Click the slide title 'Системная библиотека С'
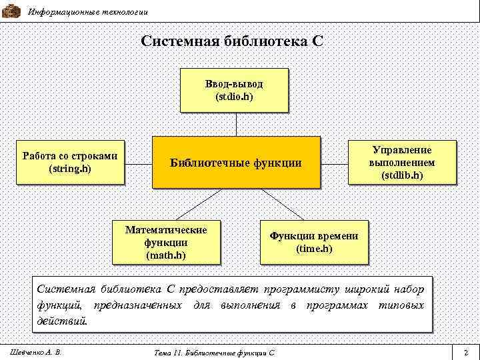[x=232, y=41]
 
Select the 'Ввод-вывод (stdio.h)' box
[x=234, y=90]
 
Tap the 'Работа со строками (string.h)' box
[x=70, y=162]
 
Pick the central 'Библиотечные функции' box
[x=236, y=162]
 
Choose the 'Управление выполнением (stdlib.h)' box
[x=402, y=163]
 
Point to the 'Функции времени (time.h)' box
[x=313, y=242]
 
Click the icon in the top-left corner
[x=11, y=10]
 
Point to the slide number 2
[x=465, y=351]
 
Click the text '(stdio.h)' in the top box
[x=234, y=97]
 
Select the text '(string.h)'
[x=70, y=169]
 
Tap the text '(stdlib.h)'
[x=402, y=175]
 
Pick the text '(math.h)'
[x=166, y=255]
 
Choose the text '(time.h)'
[x=313, y=249]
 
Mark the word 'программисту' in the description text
[x=304, y=289]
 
